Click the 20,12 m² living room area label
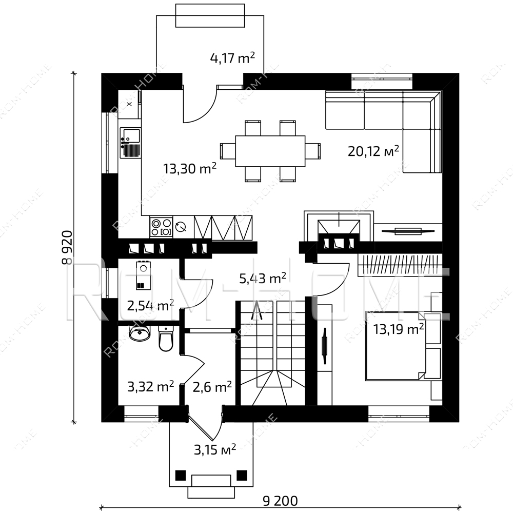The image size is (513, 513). (x=373, y=151)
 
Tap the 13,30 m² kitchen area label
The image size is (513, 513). (x=190, y=168)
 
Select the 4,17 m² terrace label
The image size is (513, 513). (x=232, y=58)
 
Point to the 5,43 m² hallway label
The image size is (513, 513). (x=263, y=279)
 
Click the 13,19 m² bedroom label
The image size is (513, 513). (x=399, y=329)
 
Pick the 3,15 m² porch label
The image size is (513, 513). (x=215, y=449)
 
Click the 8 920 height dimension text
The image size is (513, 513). (x=67, y=247)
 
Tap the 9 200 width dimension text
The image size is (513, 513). (x=281, y=501)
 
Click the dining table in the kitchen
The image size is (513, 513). (x=270, y=151)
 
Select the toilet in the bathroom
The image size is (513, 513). (x=166, y=338)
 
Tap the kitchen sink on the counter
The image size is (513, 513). (x=130, y=143)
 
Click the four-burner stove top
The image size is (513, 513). (x=161, y=227)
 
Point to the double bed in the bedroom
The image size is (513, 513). (x=396, y=346)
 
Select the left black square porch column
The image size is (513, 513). (x=180, y=475)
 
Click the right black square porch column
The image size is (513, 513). (x=242, y=475)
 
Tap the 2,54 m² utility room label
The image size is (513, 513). (x=150, y=306)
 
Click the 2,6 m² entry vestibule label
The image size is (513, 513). (x=212, y=387)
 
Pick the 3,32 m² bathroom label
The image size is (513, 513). (x=150, y=387)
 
